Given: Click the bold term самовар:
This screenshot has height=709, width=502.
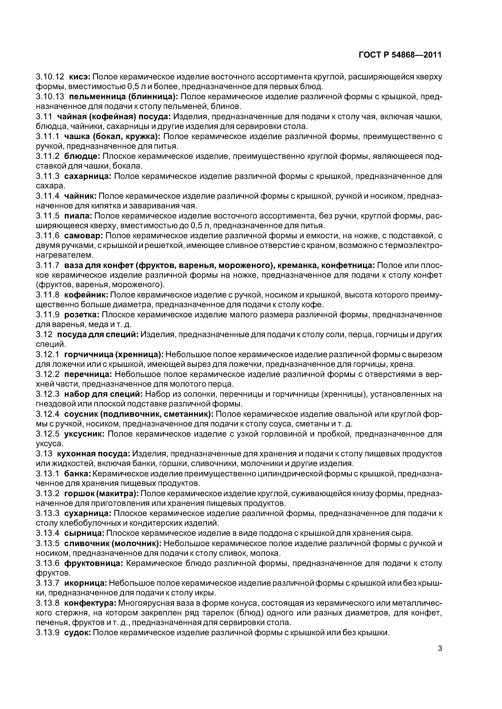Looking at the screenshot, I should pyautogui.click(x=84, y=236).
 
